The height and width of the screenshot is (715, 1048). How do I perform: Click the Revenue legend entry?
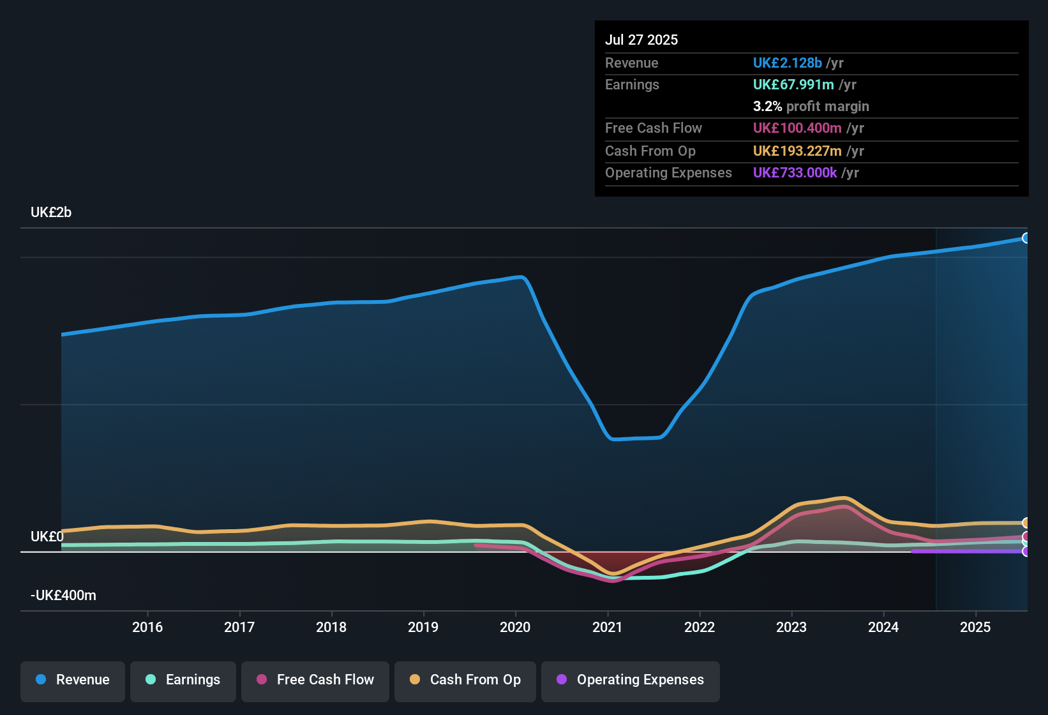click(x=73, y=680)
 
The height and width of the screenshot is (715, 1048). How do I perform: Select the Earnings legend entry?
click(x=183, y=680)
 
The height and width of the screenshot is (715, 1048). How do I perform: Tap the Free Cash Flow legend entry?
click(x=315, y=680)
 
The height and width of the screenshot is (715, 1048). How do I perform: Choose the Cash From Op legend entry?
click(x=465, y=680)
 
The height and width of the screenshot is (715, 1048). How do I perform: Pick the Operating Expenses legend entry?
click(x=631, y=680)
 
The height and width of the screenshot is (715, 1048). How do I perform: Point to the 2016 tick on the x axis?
click(x=147, y=627)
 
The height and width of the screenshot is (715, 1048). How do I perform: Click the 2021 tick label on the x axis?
click(x=607, y=627)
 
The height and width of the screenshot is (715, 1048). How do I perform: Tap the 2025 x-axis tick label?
click(x=975, y=627)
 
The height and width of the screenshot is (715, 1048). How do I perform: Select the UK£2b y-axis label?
click(x=51, y=213)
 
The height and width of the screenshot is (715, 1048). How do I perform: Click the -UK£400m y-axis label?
click(x=63, y=596)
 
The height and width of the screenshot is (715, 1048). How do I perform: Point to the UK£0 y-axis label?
click(x=47, y=537)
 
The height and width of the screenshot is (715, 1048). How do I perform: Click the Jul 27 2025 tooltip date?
click(x=641, y=40)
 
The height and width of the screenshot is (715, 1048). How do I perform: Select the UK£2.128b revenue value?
click(x=787, y=63)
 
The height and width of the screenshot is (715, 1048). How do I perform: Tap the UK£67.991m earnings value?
click(x=793, y=84)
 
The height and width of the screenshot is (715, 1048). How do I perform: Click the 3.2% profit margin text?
click(x=811, y=106)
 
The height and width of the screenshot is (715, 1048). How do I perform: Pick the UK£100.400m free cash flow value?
click(x=797, y=128)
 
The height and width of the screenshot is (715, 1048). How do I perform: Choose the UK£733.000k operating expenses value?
click(x=795, y=172)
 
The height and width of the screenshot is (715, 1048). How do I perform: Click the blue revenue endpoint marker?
click(x=1026, y=238)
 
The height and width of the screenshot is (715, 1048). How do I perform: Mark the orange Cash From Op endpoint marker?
click(x=1026, y=523)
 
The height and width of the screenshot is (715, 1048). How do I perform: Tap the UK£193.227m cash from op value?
click(x=797, y=151)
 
